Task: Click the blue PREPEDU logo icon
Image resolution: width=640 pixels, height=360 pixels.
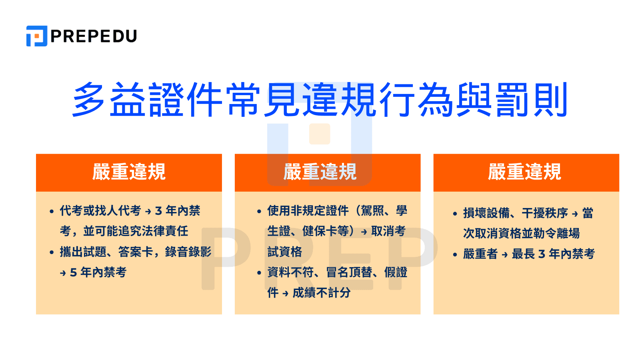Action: (x=37, y=36)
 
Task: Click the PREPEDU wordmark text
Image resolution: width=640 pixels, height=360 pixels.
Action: (x=94, y=36)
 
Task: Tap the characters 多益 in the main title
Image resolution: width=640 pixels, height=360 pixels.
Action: (x=109, y=100)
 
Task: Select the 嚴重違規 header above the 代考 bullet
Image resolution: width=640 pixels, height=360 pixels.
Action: (x=129, y=172)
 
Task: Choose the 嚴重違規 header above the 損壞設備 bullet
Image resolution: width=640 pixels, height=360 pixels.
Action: (x=524, y=172)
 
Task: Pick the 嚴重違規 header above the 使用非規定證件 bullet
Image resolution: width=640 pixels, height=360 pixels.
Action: (x=320, y=172)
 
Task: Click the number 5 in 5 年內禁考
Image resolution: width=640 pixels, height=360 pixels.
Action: (x=73, y=273)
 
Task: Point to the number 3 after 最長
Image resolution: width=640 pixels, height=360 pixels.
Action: (x=542, y=254)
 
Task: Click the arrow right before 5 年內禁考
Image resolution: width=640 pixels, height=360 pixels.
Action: (x=63, y=273)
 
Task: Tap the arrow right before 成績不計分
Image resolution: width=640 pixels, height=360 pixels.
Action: (x=285, y=294)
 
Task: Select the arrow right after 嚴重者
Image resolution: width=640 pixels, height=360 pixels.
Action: (x=505, y=254)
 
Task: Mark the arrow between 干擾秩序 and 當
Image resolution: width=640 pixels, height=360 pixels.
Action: (x=575, y=214)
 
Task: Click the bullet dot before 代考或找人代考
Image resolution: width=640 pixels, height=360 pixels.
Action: (x=52, y=211)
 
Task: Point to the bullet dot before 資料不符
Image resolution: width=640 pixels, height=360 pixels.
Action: (x=259, y=273)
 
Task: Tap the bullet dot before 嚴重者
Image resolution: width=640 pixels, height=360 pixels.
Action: (x=455, y=254)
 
